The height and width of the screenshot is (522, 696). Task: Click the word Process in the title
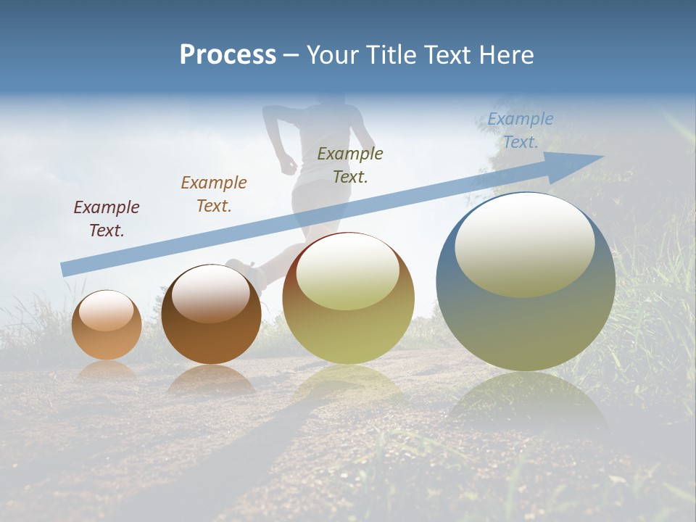point(228,55)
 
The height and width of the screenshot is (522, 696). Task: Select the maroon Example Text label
point(107,218)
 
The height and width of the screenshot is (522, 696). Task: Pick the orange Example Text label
point(214,194)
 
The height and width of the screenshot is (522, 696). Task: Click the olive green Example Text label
point(350,165)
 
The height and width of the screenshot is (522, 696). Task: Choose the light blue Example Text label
point(521,130)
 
